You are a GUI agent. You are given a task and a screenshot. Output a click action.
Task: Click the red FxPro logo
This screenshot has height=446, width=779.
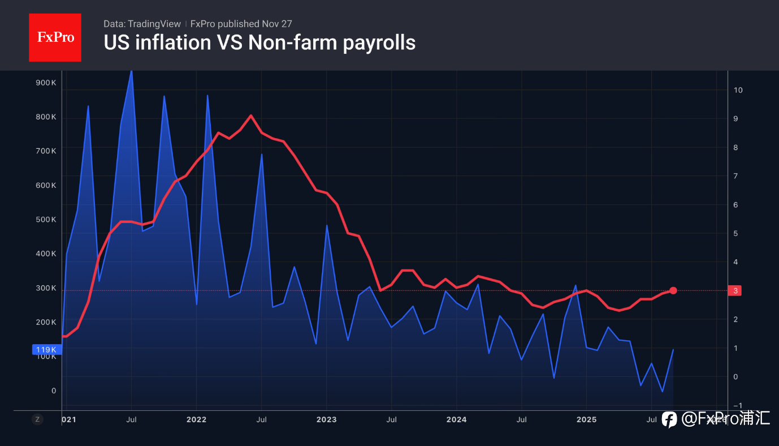55,37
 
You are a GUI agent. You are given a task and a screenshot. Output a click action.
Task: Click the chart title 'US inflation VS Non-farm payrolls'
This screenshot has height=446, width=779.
259,42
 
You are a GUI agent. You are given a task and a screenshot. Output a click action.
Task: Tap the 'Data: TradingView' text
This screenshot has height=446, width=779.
142,24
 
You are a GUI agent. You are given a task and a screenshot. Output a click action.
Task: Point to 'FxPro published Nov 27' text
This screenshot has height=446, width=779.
241,24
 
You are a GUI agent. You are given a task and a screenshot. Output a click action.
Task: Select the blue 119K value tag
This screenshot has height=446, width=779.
46,350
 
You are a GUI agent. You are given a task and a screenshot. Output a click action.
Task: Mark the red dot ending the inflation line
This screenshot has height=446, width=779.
673,290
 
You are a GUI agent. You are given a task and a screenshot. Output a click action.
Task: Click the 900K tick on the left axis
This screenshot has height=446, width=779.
46,83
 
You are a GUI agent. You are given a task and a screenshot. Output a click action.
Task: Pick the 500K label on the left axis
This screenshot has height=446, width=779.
46,220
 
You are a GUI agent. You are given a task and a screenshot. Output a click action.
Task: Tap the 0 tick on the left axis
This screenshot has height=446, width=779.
54,391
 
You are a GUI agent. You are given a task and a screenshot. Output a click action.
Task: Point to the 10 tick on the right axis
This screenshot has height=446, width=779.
738,90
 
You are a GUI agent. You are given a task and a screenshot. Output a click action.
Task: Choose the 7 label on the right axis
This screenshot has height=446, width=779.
736,176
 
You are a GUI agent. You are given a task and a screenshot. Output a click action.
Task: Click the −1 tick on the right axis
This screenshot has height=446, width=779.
737,405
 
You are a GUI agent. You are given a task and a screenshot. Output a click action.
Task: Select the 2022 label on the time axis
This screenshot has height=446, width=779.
196,419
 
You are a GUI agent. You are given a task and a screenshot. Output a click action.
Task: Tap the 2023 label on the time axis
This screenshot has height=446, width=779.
326,419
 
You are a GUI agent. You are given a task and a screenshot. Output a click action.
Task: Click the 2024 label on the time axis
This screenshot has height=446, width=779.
456,419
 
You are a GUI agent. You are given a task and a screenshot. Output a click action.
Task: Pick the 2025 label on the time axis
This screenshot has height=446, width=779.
586,419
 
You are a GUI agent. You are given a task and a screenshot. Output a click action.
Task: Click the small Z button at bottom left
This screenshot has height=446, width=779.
37,419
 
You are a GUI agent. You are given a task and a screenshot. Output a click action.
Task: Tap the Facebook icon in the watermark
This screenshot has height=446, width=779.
669,419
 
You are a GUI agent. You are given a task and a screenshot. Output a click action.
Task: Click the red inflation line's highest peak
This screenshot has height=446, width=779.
250,115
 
